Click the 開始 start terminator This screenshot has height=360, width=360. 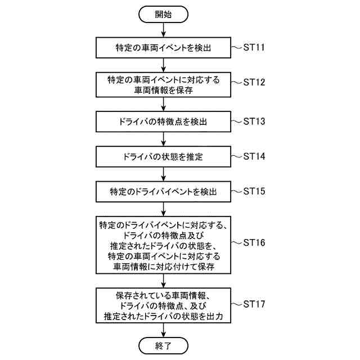click(164, 15)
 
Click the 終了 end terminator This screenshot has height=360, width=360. click(164, 344)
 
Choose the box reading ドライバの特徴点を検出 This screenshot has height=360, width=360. click(164, 121)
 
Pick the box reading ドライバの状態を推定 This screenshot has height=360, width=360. click(164, 155)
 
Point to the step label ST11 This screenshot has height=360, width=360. click(254, 47)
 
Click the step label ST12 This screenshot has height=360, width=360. click(254, 82)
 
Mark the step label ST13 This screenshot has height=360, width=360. click(254, 120)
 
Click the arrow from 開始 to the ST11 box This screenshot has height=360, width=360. click(164, 30)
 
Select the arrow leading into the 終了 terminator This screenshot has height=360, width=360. click(164, 330)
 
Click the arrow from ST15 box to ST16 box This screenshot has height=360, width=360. click(164, 208)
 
